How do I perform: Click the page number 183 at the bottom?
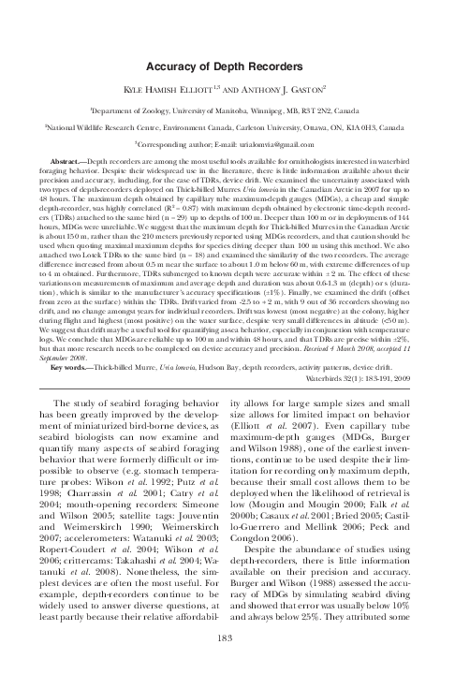227,639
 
